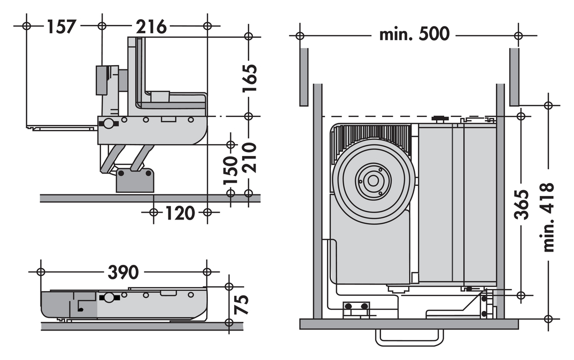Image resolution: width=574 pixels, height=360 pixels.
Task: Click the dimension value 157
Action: pos(61,27)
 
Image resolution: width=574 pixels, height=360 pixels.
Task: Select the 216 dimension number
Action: pos(151,27)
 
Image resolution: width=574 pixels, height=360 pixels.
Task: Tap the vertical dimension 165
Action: pos(250,79)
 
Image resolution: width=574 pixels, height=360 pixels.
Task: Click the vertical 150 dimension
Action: pos(231,170)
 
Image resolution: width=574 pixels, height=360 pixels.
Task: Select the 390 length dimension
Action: pos(123,272)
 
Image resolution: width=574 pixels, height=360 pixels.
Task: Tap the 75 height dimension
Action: pos(242,304)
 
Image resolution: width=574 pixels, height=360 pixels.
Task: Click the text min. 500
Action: pos(414,34)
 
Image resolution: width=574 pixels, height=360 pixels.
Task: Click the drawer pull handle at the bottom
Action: pos(409,338)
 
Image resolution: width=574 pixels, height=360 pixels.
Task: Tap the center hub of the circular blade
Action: pos(373,181)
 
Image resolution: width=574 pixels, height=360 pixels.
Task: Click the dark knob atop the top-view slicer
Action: pos(440,119)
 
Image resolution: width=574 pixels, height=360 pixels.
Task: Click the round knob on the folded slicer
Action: pos(108,298)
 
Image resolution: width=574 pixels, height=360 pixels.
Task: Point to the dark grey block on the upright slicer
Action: pos(101,80)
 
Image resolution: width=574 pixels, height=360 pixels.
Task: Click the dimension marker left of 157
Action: pos(26,26)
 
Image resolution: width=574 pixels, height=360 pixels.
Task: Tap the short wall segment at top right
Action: pos(514,76)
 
